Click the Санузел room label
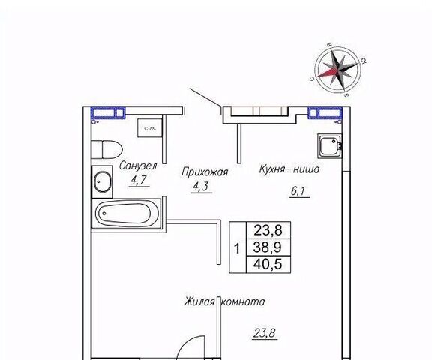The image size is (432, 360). [x=138, y=166]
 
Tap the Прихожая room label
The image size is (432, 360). [x=205, y=172]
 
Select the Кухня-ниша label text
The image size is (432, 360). [x=289, y=169]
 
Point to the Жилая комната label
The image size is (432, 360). [x=224, y=301]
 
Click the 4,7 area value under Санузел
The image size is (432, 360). [x=139, y=181]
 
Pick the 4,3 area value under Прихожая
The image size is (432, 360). [x=202, y=187]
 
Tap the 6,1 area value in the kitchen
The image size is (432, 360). [x=298, y=191]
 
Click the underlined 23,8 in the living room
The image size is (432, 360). [x=265, y=333]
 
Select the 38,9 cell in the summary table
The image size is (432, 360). [x=268, y=247]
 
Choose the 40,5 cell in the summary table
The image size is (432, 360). [x=268, y=264]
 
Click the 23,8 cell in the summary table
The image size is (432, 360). [x=268, y=230]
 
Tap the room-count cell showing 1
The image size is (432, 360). [x=238, y=248]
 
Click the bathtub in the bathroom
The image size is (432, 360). [x=127, y=213]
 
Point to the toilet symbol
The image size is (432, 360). [x=107, y=149]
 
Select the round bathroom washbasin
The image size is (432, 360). [x=103, y=181]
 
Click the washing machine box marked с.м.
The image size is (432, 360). [x=149, y=127]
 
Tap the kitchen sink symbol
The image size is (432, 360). [x=329, y=145]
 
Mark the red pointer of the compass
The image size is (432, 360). [x=327, y=73]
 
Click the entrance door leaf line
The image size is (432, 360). [x=205, y=97]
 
